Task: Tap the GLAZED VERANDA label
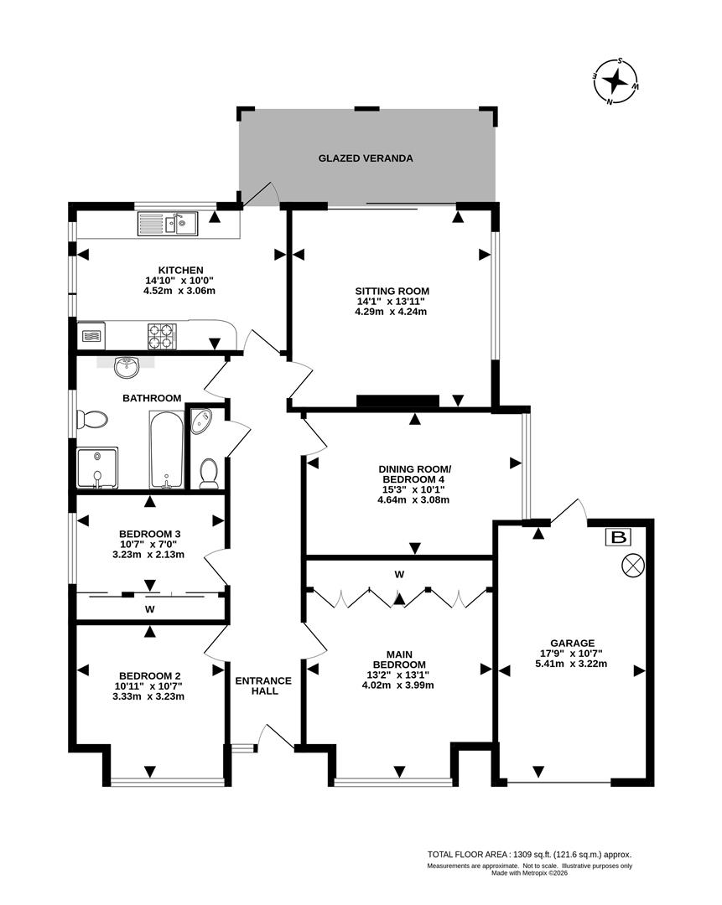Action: pyautogui.click(x=365, y=158)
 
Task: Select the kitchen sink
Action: pyautogui.click(x=168, y=224)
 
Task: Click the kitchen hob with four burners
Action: pyautogui.click(x=164, y=336)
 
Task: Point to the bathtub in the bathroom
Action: pyautogui.click(x=166, y=449)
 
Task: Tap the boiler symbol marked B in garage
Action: pyautogui.click(x=619, y=537)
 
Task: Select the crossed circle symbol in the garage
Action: pyautogui.click(x=631, y=566)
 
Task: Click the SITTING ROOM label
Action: pyautogui.click(x=391, y=291)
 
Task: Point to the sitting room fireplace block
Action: pyautogui.click(x=397, y=401)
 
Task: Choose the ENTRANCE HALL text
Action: pyautogui.click(x=263, y=685)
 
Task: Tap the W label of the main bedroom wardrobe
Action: pyautogui.click(x=399, y=574)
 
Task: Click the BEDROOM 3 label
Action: pyautogui.click(x=149, y=534)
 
